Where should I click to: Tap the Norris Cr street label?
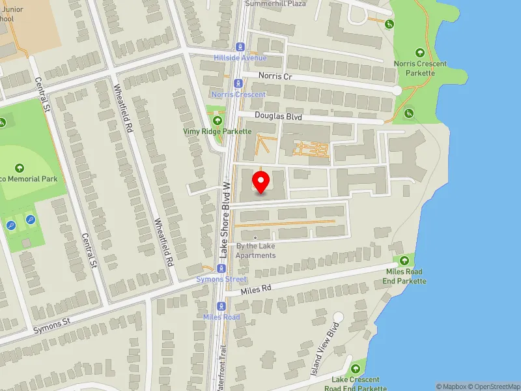tap(272, 76)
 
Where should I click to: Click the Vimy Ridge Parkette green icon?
tap(217, 120)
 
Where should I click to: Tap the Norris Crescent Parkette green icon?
tap(419, 53)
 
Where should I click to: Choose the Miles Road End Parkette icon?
tap(404, 260)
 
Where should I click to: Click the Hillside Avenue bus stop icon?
tap(240, 47)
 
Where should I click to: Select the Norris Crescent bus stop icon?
tap(232, 83)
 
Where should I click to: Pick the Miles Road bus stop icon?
tap(221, 306)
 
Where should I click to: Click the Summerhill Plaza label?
tap(275, 3)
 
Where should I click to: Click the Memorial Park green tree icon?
tap(19, 168)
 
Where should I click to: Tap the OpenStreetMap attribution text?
tap(493, 386)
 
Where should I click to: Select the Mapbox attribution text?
tap(450, 386)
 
